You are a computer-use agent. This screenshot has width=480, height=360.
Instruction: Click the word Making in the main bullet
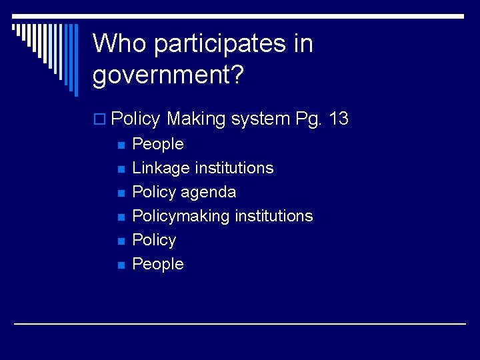point(196,119)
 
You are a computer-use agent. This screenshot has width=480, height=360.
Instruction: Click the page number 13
point(339,119)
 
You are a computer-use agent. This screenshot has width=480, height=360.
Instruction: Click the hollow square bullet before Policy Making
point(101,120)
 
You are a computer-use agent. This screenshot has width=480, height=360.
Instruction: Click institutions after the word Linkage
point(234,168)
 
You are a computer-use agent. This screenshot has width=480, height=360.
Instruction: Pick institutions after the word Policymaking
point(273,216)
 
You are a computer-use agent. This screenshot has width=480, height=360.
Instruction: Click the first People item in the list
point(158,144)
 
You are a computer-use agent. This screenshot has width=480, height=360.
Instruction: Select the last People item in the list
point(158,264)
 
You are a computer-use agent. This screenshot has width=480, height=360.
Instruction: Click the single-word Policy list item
point(154,240)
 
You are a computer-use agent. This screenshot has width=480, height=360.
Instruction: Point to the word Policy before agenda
point(154,192)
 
